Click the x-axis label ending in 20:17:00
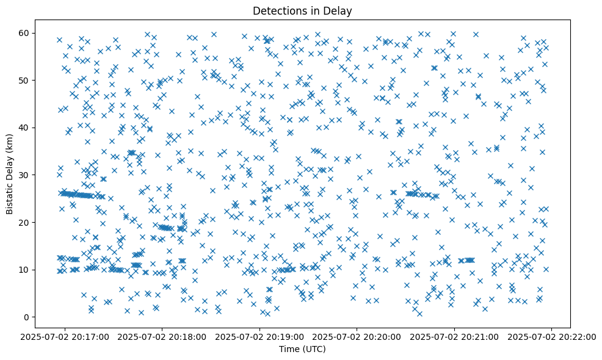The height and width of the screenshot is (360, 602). tap(65, 336)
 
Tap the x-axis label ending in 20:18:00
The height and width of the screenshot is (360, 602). tap(162, 336)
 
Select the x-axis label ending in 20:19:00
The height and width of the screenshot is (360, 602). tap(259, 336)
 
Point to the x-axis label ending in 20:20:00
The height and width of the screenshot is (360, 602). tap(357, 336)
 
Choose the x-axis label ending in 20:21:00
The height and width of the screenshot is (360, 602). tap(454, 336)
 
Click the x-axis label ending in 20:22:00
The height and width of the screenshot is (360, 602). tap(551, 336)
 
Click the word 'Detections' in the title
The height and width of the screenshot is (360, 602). tap(278, 10)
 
